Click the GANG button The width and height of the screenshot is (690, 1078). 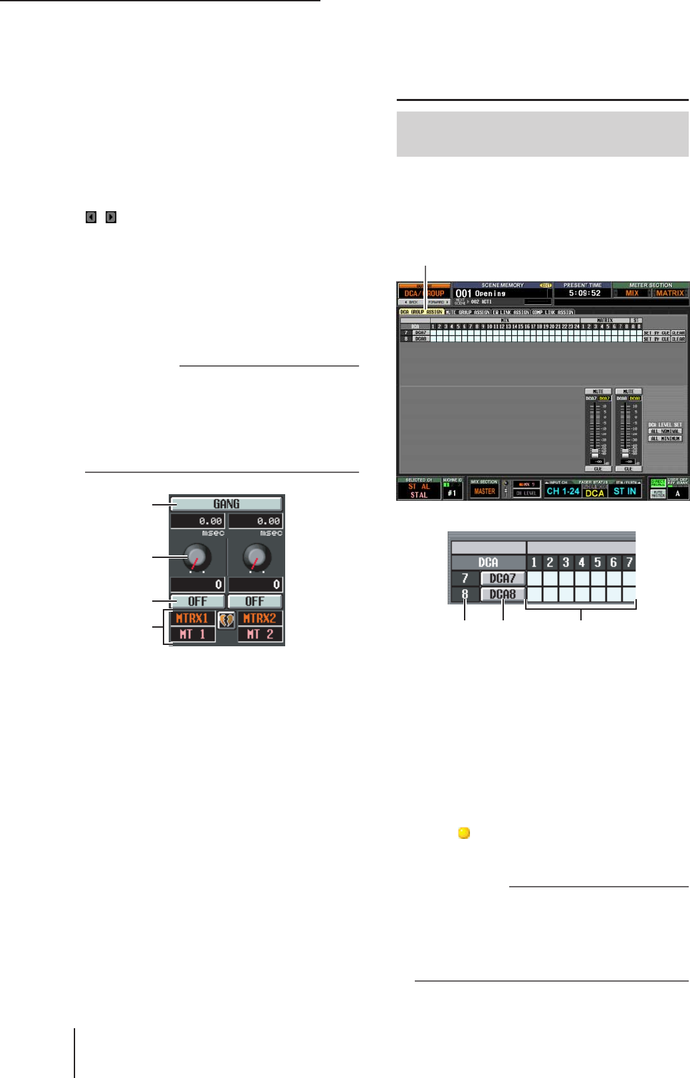[226, 504]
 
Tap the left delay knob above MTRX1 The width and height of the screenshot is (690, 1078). [197, 557]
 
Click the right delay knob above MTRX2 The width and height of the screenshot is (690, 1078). [257, 557]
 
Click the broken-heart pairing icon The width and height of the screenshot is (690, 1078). [227, 620]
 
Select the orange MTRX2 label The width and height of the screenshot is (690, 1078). [260, 618]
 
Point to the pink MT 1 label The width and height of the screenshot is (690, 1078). [193, 634]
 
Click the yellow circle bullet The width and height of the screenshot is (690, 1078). [464, 833]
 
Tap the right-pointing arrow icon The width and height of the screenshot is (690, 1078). [111, 217]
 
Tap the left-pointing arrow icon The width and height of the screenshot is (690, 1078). [91, 217]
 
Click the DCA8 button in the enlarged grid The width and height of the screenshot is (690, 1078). [503, 594]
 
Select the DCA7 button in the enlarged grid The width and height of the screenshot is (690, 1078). [503, 579]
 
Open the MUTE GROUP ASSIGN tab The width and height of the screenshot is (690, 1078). [467, 312]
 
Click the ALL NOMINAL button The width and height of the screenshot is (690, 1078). [665, 431]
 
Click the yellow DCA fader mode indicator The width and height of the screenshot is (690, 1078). [594, 493]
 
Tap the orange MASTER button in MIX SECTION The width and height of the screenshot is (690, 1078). [485, 492]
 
